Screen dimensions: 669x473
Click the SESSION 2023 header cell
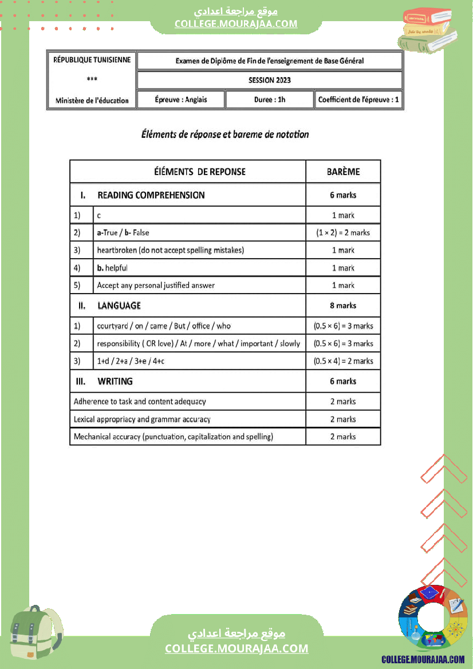(x=270, y=80)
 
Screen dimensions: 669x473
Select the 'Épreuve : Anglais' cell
(x=181, y=100)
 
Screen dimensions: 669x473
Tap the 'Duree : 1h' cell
(x=270, y=100)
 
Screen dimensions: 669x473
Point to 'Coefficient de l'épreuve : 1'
(x=358, y=100)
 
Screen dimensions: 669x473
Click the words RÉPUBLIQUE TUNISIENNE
(x=92, y=60)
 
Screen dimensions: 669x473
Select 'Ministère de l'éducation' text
(x=92, y=101)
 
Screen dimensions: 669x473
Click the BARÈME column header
(x=343, y=172)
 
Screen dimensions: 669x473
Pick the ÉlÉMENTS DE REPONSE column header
(x=199, y=172)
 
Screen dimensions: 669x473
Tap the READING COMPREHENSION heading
(x=151, y=195)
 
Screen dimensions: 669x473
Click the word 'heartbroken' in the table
(x=117, y=250)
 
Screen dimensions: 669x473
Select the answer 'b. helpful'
(x=112, y=268)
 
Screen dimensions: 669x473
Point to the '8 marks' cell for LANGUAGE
(x=343, y=306)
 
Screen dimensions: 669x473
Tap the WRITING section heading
(x=115, y=381)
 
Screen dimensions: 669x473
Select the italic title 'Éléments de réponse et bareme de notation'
(x=225, y=135)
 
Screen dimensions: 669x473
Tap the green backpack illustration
(x=36, y=631)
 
